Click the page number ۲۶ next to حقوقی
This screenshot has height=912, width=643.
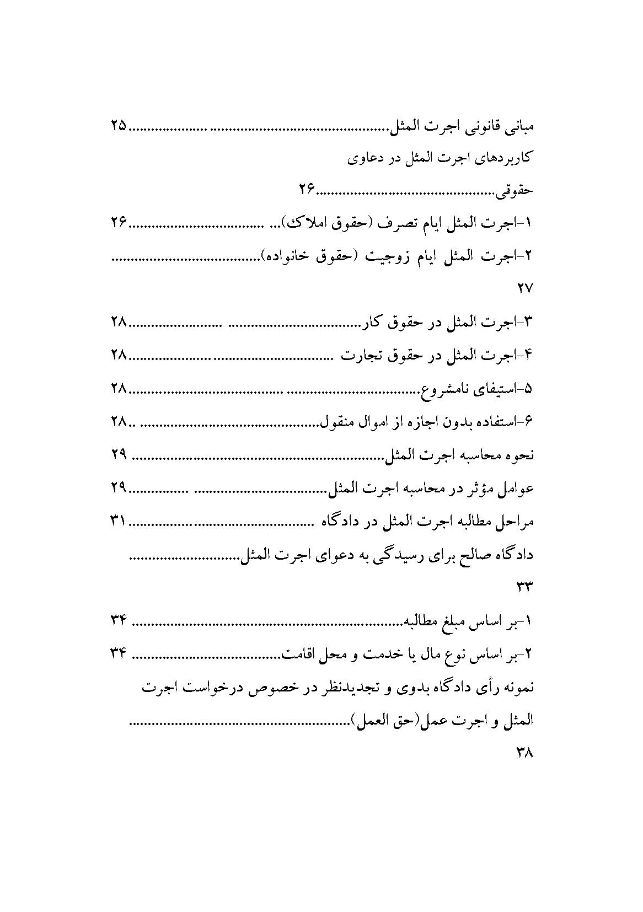307,190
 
